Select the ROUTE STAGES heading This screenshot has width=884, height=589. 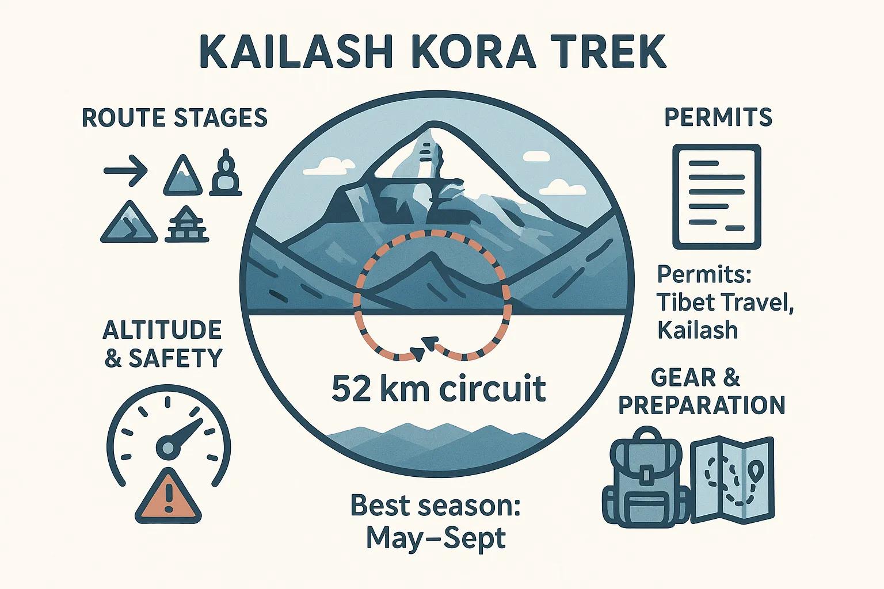click(174, 118)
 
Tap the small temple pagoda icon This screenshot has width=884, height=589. click(186, 225)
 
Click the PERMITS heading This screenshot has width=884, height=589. click(718, 117)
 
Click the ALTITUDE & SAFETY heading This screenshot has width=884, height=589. click(162, 344)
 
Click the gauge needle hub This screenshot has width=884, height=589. click(167, 446)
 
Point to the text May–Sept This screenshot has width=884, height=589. click(436, 539)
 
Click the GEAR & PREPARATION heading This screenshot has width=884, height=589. click(701, 391)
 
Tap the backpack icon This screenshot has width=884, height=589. click(645, 477)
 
